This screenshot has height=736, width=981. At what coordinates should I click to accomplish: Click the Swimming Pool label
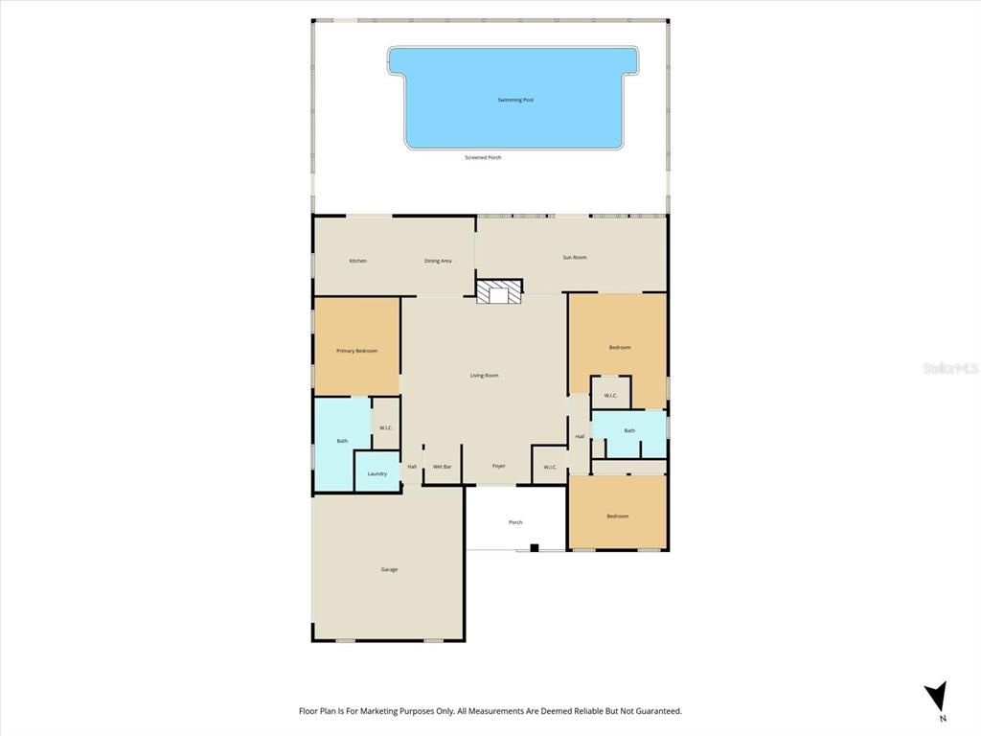pos(515,100)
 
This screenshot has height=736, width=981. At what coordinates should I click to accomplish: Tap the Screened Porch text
pos(483,157)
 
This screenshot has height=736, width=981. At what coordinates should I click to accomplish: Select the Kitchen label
pos(357,261)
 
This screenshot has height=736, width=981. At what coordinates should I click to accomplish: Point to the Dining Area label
pos(438,261)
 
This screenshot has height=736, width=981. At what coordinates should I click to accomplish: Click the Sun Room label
pos(574,257)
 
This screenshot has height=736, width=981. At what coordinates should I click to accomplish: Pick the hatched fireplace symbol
pos(499,291)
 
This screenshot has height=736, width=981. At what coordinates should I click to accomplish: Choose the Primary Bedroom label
pos(356,351)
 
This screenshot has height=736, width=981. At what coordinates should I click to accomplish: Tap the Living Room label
pos(484,376)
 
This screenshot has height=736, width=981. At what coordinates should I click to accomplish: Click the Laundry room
pos(377,473)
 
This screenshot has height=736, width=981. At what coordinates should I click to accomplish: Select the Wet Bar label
pos(442,467)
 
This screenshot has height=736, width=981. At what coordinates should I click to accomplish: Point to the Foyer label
pos(498,467)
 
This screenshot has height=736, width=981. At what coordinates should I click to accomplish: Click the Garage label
pos(389,569)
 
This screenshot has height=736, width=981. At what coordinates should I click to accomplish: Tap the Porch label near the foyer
pos(515,522)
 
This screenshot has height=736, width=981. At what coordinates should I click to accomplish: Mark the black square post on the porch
pos(535,548)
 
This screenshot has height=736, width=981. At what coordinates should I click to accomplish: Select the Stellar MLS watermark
pos(949,367)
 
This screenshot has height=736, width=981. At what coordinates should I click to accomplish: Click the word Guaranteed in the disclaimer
pos(652,711)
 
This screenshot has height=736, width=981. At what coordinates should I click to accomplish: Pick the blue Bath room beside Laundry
pos(342,441)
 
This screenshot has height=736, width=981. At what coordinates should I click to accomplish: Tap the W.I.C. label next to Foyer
pos(550,468)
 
